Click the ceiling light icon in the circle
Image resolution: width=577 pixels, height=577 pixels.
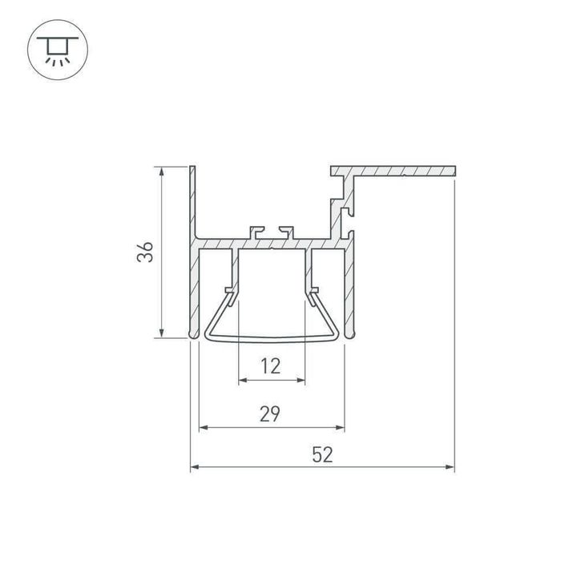pos(58,46)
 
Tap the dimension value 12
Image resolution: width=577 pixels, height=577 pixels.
pos(271,366)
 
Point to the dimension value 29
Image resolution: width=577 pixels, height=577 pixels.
pos(270,414)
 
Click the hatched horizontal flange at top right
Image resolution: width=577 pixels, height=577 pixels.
pos(401,171)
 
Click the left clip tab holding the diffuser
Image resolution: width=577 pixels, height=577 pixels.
pos(232,290)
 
